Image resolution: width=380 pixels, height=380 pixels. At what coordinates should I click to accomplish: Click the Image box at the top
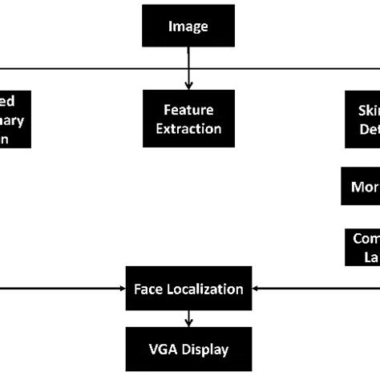pyautogui.click(x=188, y=27)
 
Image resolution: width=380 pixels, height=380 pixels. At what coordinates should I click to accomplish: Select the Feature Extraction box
pyautogui.click(x=188, y=118)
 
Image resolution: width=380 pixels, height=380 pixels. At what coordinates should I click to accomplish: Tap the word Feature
pyautogui.click(x=188, y=109)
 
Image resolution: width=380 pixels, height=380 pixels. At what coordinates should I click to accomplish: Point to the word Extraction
pyautogui.click(x=188, y=127)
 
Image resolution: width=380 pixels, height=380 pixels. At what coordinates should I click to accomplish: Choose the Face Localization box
pyautogui.click(x=188, y=289)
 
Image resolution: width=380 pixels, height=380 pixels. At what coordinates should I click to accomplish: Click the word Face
pyautogui.click(x=148, y=289)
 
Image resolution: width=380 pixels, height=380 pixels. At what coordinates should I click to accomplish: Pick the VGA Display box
pyautogui.click(x=188, y=350)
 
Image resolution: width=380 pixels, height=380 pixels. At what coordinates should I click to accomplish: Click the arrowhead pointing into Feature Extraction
pyautogui.click(x=188, y=85)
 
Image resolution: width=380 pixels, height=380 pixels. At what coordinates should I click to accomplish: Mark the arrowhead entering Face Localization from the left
pyautogui.click(x=119, y=289)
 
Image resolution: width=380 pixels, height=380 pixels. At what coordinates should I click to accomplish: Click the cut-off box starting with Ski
pyautogui.click(x=361, y=118)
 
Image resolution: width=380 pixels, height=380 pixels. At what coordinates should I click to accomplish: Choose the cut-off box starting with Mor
pyautogui.click(x=361, y=188)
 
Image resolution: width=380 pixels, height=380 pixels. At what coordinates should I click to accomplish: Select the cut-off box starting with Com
pyautogui.click(x=362, y=247)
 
